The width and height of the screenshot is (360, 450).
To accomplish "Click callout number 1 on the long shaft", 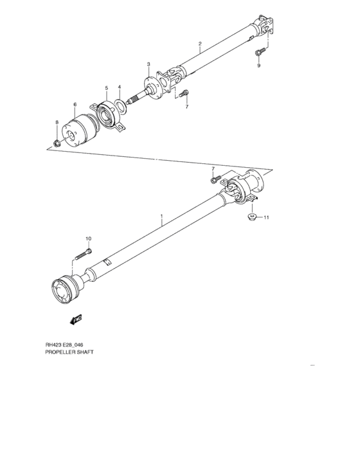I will pos(161,218).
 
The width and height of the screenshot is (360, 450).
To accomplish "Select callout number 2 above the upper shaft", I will pos(200,44).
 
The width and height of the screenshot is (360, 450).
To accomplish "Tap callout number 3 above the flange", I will pos(148,64).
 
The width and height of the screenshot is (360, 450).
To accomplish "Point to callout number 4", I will pos(119,87).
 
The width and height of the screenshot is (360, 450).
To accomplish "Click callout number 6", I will pos(75,105).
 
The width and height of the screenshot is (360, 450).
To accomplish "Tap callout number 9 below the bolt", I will pos(258,66).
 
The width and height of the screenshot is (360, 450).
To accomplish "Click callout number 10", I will pos(89,239).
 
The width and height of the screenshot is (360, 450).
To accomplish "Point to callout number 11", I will pos(267,218).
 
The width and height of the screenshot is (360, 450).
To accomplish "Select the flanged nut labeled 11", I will pos(252,219).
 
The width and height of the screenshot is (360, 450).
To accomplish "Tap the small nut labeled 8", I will pos(57,143).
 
